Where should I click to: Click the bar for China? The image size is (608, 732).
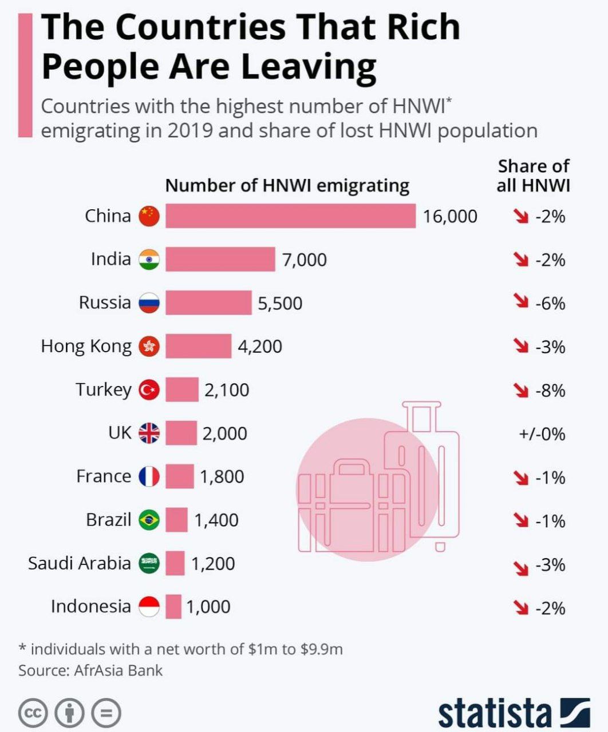(x=290, y=216)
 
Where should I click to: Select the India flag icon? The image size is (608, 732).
(x=149, y=260)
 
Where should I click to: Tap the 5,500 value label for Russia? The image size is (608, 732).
(x=280, y=303)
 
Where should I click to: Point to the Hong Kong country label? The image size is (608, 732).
(x=86, y=346)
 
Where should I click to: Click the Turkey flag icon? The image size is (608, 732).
(x=149, y=390)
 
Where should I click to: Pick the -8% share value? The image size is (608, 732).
(x=550, y=391)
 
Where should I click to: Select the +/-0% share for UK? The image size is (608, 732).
(x=542, y=434)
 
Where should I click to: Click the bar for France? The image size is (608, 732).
(x=180, y=476)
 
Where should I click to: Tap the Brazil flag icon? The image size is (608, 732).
(x=149, y=520)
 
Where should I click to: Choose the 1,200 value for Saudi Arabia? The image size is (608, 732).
(x=213, y=564)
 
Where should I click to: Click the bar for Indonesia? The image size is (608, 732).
(x=173, y=607)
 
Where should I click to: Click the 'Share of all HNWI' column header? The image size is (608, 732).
(x=533, y=176)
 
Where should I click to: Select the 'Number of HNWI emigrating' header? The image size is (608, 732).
(x=287, y=186)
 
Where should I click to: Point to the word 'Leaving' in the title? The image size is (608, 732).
(x=309, y=66)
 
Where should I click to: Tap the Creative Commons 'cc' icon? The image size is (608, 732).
(x=33, y=713)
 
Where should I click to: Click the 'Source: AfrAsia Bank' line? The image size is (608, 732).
(x=90, y=670)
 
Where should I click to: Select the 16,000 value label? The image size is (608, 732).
(x=450, y=216)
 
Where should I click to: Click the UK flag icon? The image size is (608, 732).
(x=149, y=433)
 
